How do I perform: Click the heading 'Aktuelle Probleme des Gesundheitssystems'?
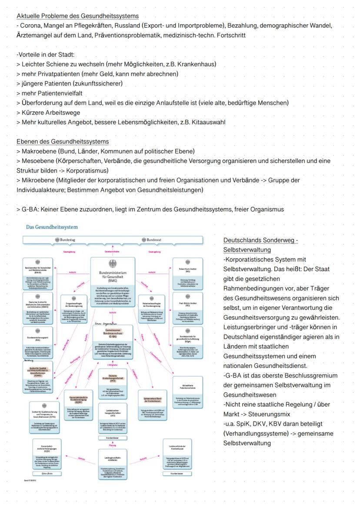78,16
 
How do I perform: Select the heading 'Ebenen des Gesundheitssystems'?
63,142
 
